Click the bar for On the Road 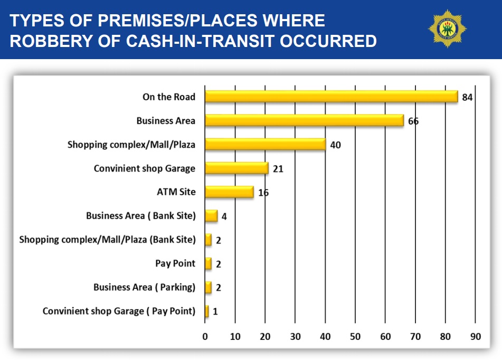pos(331,96)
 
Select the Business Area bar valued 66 pos(304,120)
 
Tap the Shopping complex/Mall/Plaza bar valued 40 pos(265,144)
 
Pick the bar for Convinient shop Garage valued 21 pos(236,168)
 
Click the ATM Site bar pos(229,192)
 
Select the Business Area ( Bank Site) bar pos(211,216)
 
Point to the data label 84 pos(468,97)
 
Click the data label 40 pos(336,145)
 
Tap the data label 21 pos(278,169)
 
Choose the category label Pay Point pos(175,263)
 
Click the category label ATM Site pos(176,192)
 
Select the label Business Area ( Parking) pos(144,287)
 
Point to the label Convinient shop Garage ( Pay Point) pos(119,311)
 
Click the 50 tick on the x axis pos(355,336)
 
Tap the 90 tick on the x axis pos(476,336)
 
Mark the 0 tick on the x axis pos(205,336)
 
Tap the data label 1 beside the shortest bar pos(215,312)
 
